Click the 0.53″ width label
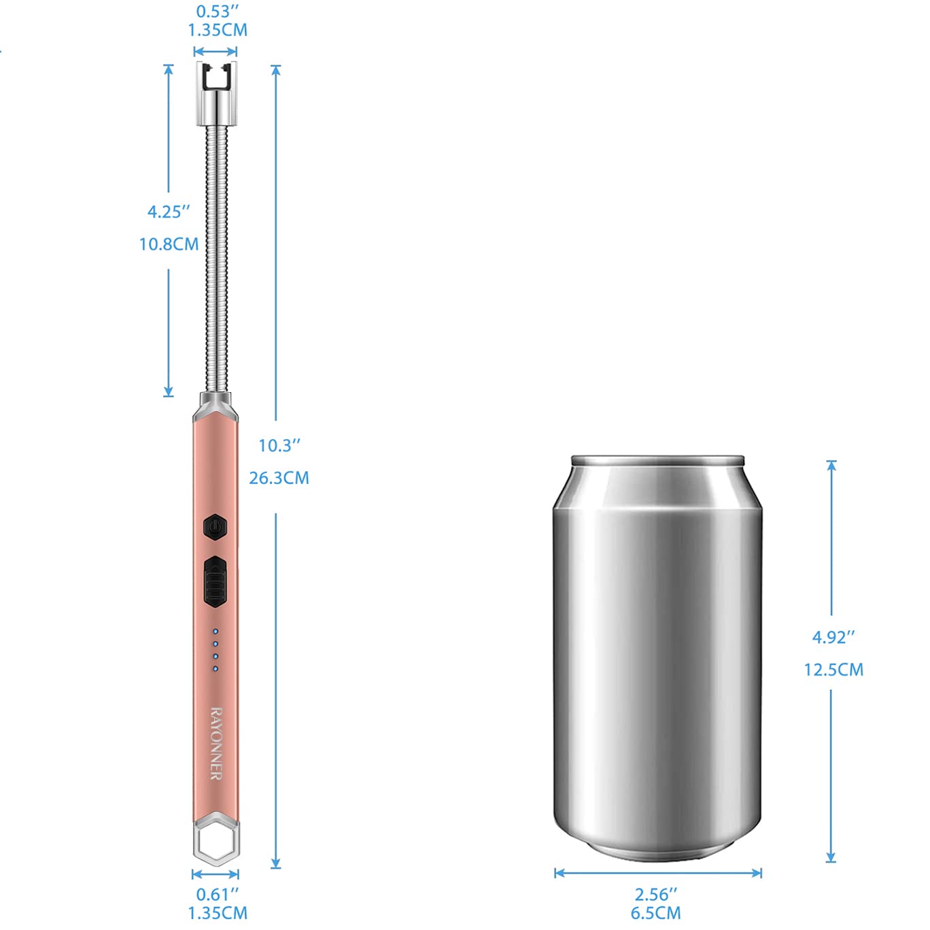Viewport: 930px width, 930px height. point(218,12)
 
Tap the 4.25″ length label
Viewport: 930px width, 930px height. point(169,211)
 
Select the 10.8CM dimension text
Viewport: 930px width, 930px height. point(169,244)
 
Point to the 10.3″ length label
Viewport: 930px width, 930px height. point(279,445)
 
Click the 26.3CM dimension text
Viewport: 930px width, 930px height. point(279,478)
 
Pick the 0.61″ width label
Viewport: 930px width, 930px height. point(218,894)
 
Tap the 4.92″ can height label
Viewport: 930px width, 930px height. point(833,637)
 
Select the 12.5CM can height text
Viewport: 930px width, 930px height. point(833,670)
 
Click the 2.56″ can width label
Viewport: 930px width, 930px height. point(656,894)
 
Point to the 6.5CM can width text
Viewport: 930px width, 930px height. point(656,913)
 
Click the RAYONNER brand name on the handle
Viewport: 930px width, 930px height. point(216,743)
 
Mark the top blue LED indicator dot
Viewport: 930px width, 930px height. point(216,632)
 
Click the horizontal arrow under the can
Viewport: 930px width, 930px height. point(657,873)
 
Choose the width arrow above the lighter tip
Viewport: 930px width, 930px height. point(216,51)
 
